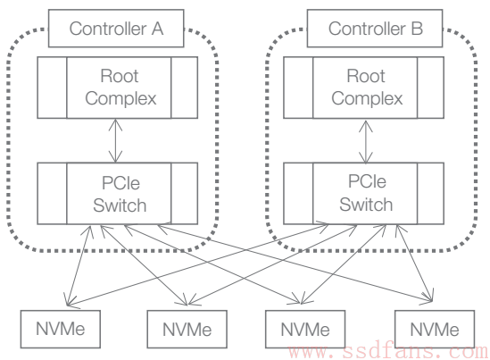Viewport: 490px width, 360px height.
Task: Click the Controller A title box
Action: [x=116, y=29]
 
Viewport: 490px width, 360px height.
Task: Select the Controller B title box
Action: [x=375, y=29]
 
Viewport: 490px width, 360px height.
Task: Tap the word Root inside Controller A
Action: [x=120, y=76]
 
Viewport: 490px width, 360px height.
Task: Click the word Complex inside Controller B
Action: [x=367, y=99]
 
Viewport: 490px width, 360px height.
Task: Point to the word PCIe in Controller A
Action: [x=120, y=183]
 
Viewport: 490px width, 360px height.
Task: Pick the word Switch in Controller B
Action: [x=366, y=205]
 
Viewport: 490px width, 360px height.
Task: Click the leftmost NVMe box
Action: [x=61, y=329]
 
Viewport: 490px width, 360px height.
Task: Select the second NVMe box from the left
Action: [x=187, y=329]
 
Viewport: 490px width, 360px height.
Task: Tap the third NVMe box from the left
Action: [x=305, y=329]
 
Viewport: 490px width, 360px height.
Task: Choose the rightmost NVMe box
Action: [x=435, y=329]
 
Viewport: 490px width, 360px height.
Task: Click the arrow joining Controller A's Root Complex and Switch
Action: [x=116, y=141]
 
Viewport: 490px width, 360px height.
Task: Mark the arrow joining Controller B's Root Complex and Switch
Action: [x=366, y=142]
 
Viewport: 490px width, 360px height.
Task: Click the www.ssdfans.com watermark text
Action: [x=388, y=352]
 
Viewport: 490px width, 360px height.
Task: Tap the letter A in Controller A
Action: [x=157, y=29]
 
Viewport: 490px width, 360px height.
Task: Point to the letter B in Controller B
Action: [x=417, y=29]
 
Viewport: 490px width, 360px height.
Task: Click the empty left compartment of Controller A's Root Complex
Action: [x=52, y=88]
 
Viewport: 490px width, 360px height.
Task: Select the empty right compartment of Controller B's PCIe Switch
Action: [x=430, y=193]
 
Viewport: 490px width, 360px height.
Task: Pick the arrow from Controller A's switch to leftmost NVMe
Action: [x=79, y=265]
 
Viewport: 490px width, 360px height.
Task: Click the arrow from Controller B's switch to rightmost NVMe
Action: [x=415, y=264]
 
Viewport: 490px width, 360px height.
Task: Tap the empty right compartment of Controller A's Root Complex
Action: [x=185, y=88]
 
